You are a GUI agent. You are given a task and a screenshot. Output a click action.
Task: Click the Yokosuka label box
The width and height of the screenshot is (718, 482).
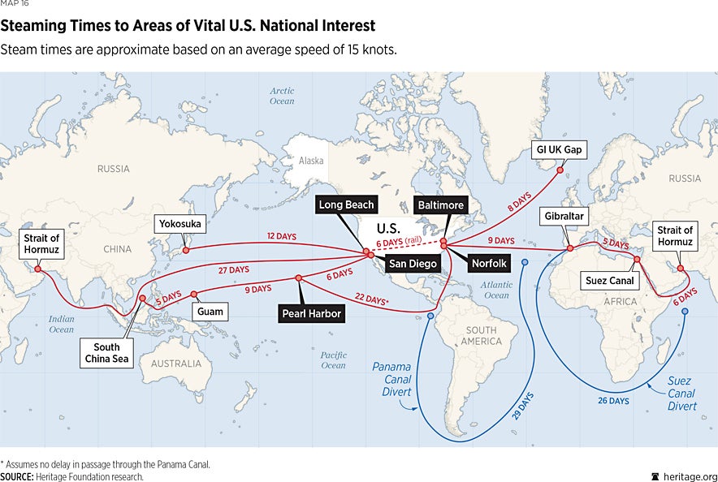coord(179,223)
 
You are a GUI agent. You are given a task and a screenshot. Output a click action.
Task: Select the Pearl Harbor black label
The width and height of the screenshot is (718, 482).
coord(309,312)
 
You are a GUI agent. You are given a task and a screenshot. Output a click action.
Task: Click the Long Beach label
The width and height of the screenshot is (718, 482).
coord(346,205)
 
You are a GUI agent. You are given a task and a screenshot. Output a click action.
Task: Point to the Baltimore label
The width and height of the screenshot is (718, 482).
coord(439,205)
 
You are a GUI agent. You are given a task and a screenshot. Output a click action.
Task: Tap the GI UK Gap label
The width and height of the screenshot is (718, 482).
coord(560,150)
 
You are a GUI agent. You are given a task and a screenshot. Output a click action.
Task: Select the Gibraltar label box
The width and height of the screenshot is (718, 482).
coord(562,217)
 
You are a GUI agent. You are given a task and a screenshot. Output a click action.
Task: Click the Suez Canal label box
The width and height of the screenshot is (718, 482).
coord(609,282)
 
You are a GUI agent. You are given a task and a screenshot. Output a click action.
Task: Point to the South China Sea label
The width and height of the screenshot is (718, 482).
coord(107,353)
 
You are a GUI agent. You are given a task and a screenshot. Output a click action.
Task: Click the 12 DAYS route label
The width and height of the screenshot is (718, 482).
coord(282,236)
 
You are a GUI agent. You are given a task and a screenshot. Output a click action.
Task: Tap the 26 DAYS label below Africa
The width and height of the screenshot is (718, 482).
coord(614,401)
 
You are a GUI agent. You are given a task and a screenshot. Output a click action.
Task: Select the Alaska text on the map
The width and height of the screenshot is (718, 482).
coord(311,161)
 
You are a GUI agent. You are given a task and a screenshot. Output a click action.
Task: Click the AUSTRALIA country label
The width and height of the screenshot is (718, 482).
coord(176,364)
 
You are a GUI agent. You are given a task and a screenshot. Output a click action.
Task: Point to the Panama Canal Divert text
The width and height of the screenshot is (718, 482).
coord(391,379)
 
